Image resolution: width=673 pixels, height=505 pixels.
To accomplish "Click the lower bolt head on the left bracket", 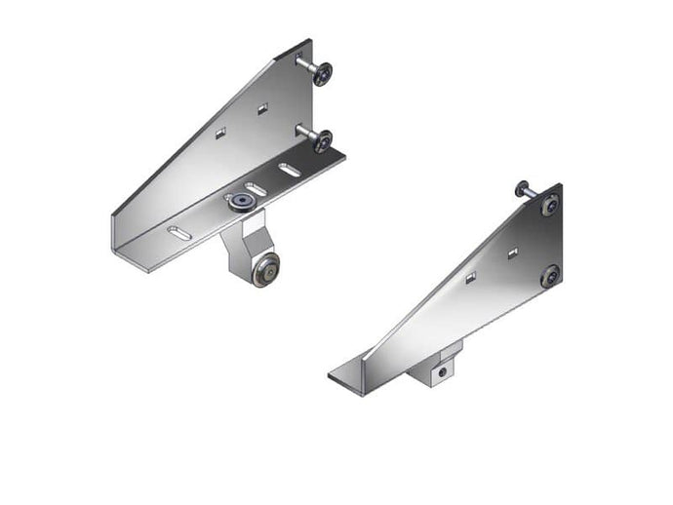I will coord(320,141).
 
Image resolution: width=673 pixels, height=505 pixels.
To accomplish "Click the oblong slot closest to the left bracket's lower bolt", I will coord(290,170).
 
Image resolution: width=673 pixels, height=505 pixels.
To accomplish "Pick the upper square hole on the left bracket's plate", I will coord(262,109).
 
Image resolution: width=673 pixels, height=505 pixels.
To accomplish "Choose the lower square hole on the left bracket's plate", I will coord(220,132).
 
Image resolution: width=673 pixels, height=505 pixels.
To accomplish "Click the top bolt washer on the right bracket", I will coord(551,206).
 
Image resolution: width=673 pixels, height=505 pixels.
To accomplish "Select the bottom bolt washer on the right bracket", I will coord(550,276).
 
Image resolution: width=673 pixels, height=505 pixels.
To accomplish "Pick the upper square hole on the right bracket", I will coord(510,254).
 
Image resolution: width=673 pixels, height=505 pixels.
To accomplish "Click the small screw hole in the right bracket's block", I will coord(441,371).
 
